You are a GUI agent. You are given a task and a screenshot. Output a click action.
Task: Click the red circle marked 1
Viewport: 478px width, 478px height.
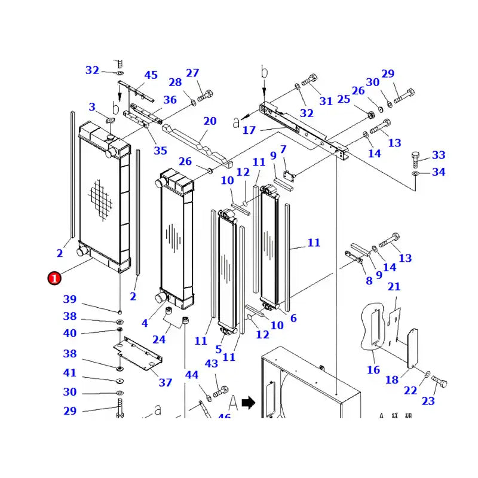tap(54, 278)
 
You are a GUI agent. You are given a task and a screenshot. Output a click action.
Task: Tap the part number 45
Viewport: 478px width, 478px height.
tap(151, 75)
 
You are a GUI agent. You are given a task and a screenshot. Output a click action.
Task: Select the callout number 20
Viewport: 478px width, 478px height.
tap(210, 121)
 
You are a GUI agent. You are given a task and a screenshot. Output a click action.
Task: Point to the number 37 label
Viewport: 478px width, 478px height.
tap(166, 382)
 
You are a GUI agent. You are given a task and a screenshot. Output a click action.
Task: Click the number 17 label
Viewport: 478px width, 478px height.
tap(249, 130)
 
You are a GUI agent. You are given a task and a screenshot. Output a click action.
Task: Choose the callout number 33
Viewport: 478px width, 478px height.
tap(439, 155)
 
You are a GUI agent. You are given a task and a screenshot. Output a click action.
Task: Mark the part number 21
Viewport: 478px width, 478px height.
tap(394, 287)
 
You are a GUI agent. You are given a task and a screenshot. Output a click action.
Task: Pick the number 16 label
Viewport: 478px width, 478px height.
tap(373, 370)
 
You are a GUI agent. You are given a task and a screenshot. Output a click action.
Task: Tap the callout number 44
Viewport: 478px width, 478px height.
tap(191, 375)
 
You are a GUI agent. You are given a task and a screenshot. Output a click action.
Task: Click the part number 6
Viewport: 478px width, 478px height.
tap(293, 318)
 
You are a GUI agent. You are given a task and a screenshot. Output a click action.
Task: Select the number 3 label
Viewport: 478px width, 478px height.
tap(92, 107)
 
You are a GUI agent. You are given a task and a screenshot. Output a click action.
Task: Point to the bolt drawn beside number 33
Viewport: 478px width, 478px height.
tap(417, 160)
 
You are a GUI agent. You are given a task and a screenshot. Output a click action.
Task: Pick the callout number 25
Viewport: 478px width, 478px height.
tap(344, 99)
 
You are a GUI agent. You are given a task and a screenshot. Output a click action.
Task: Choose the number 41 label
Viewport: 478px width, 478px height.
tap(70, 373)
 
